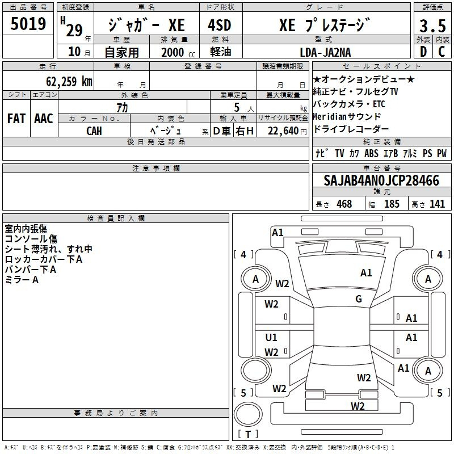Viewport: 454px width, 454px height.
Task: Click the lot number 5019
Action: (28, 24)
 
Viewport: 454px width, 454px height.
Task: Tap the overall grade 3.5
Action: (432, 26)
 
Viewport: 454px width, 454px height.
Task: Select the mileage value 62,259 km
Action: (69, 82)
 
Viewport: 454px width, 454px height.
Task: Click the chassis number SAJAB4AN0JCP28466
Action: (381, 180)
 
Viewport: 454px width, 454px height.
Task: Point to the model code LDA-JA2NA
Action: (325, 52)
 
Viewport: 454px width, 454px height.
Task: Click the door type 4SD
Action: (220, 25)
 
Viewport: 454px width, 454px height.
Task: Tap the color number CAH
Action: (94, 131)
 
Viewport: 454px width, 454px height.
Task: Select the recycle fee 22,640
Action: (283, 131)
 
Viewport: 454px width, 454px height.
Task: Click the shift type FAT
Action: (16, 119)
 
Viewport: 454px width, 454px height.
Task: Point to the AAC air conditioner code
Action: (44, 119)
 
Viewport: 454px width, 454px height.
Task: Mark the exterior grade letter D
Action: (423, 52)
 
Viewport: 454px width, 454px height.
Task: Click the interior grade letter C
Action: (442, 52)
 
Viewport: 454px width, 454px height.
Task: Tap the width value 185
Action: (392, 204)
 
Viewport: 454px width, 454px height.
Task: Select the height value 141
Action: (437, 204)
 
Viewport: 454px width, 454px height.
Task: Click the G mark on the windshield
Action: (359, 299)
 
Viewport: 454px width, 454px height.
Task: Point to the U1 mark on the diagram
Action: (271, 337)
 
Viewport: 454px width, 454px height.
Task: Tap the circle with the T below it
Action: (248, 414)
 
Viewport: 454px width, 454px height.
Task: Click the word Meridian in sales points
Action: (330, 116)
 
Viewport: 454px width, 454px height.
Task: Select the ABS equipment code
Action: (371, 153)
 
